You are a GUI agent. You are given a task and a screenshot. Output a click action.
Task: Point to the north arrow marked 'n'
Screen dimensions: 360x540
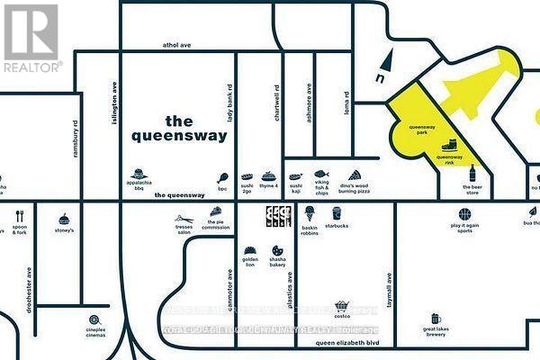(386, 66)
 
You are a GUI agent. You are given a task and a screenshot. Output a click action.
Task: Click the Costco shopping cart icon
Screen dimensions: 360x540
(341, 307)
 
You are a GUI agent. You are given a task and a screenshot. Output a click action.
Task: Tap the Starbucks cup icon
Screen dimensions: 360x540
(337, 213)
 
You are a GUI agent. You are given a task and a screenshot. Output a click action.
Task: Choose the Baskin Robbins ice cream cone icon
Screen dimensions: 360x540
(309, 213)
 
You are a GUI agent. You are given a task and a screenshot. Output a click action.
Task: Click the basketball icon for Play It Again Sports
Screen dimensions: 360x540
(464, 214)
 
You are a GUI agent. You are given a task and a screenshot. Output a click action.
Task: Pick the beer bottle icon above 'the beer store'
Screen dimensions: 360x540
(472, 174)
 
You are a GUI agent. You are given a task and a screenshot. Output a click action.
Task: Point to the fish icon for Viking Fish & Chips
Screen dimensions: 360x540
(321, 174)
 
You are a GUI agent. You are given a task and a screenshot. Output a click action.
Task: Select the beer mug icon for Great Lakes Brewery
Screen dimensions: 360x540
(436, 319)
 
